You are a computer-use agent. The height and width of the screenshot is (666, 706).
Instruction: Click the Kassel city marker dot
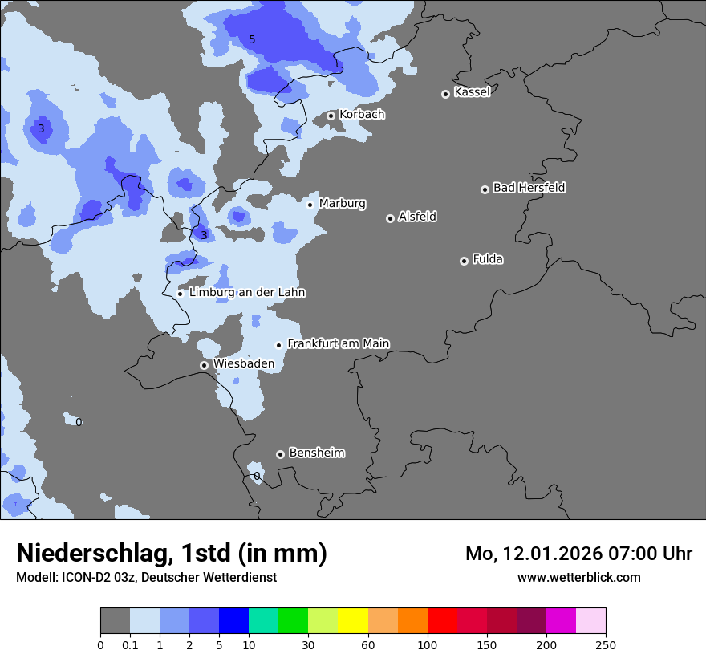point(445,94)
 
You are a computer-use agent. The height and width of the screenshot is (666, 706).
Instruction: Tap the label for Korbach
point(362,115)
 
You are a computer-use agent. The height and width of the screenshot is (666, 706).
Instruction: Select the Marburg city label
point(342,204)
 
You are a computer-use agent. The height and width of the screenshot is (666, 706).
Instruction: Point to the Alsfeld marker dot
point(390,218)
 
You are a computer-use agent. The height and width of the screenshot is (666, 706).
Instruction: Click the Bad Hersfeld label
point(529,188)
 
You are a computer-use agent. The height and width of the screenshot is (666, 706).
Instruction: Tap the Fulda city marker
point(464,261)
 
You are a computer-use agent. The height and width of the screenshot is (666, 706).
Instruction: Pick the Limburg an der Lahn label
point(247,293)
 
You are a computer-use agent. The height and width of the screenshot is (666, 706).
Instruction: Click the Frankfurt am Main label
point(338,343)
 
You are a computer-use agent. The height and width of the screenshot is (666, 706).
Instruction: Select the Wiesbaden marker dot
point(204,365)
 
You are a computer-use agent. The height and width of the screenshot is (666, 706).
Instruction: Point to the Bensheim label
point(316,453)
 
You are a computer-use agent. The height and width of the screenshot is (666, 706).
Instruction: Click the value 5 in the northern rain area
point(252,39)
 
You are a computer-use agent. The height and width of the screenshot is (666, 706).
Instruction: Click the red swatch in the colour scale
point(442,621)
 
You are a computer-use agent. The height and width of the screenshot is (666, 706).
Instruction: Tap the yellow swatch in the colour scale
point(353,621)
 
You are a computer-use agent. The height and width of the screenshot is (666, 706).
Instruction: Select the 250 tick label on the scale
point(606,644)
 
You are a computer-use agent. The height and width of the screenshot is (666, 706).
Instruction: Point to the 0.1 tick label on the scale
point(130,644)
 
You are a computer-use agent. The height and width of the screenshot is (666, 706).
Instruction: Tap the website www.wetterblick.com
point(578,577)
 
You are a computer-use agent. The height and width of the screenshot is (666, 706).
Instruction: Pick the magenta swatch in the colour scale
point(561,621)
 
